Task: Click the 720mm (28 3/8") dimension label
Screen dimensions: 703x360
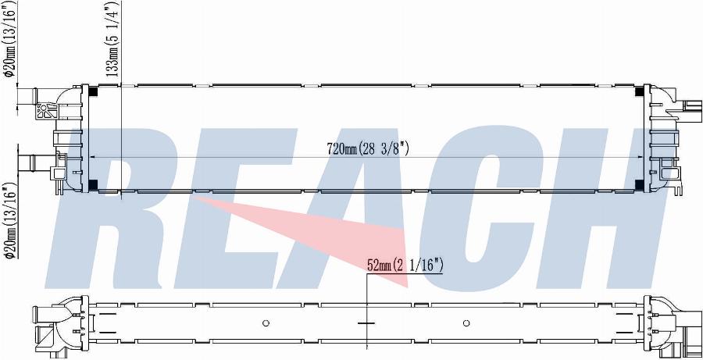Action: (x=368, y=149)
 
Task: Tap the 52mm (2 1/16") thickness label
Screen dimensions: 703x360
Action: (x=405, y=266)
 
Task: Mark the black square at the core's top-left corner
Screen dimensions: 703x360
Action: (x=94, y=90)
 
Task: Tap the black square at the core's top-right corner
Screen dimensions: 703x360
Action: (x=639, y=90)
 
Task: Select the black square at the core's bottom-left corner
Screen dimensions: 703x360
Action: (x=94, y=184)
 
